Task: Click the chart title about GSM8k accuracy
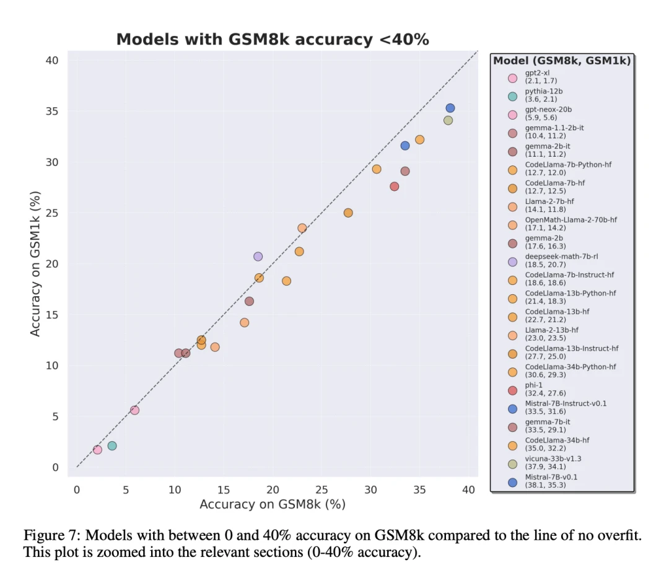coord(273,39)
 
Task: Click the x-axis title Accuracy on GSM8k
coord(273,504)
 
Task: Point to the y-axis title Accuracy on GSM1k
coord(35,264)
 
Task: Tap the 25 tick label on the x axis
coord(321,489)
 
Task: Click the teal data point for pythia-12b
coord(112,445)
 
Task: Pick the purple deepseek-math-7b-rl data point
coord(258,256)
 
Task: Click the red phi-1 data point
coord(395,186)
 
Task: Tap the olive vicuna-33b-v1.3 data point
coord(448,120)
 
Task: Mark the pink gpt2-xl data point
coord(97,450)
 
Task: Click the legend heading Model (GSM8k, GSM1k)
coord(562,61)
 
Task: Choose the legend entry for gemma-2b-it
coord(548,150)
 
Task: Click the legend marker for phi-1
coord(512,390)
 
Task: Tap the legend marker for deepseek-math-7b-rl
coord(512,261)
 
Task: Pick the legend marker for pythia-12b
coord(512,96)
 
